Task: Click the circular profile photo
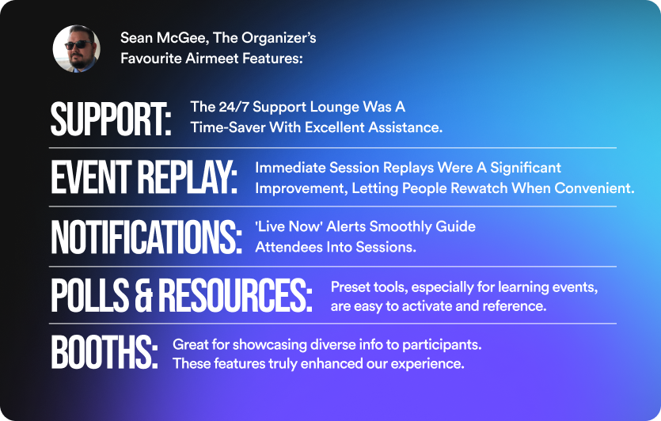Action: click(77, 49)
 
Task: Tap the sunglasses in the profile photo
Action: click(78, 44)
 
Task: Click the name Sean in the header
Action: click(135, 37)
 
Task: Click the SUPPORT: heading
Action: click(112, 119)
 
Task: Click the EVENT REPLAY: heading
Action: click(144, 177)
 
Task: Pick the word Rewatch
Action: click(479, 188)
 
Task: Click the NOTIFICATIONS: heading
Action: click(146, 237)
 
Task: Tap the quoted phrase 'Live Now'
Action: click(289, 226)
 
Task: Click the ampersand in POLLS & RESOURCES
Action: click(144, 295)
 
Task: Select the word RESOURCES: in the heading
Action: click(235, 295)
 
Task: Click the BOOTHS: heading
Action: click(104, 352)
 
